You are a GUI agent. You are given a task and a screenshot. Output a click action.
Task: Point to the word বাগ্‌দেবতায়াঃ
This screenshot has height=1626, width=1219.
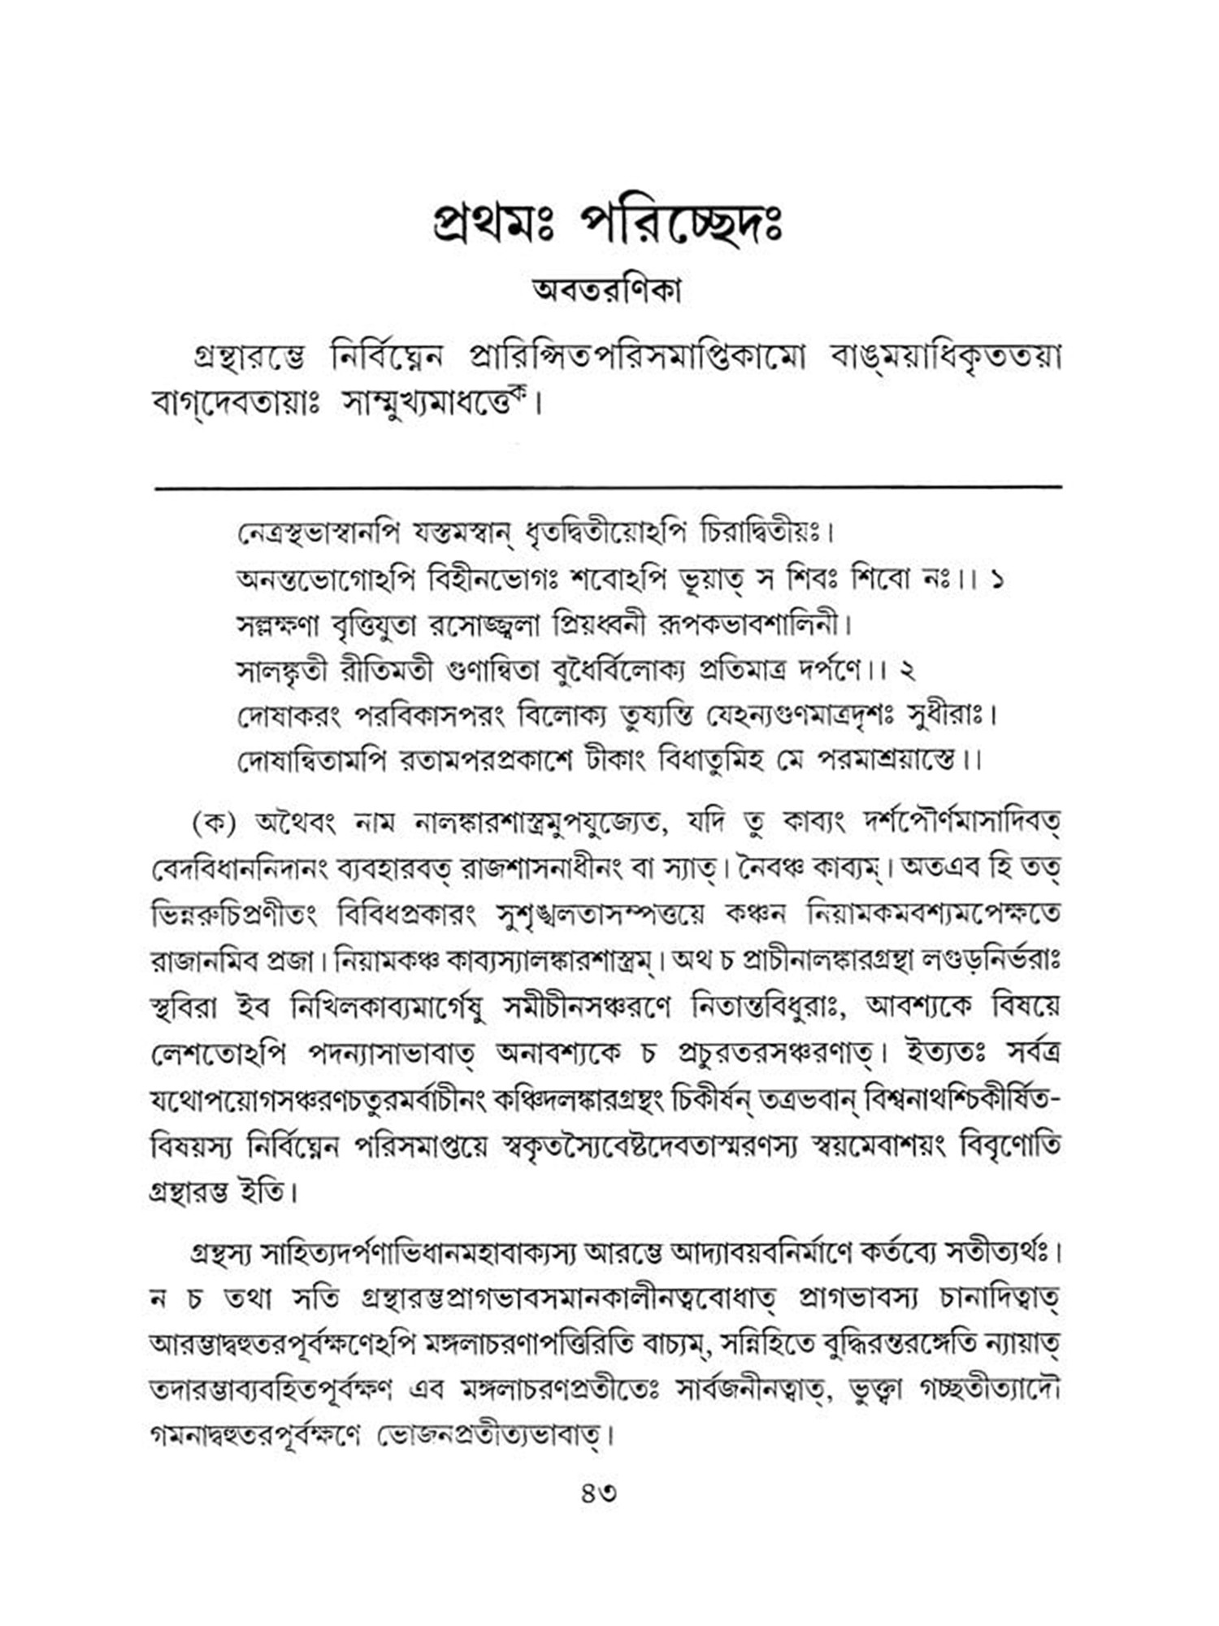237,404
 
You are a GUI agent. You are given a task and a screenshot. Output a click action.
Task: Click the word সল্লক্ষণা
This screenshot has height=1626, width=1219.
277,626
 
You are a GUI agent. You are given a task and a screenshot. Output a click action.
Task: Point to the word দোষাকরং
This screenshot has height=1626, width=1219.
289,716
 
